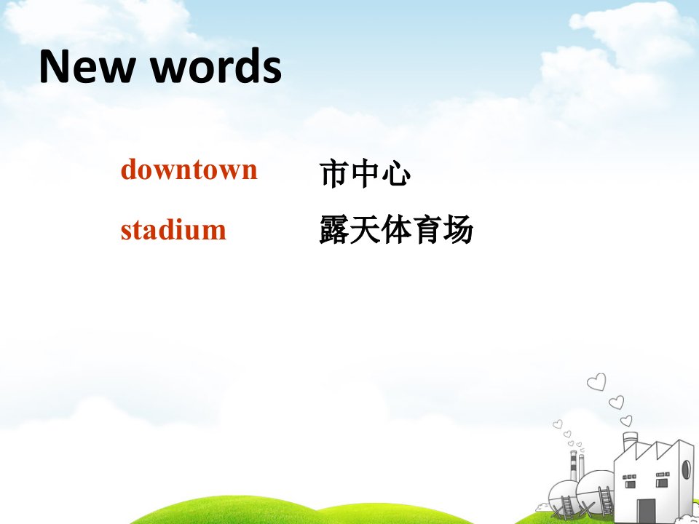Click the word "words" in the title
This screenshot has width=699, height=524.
pos(216,66)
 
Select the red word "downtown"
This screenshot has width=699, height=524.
pos(189,169)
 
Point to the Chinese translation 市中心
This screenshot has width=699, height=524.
pos(365,174)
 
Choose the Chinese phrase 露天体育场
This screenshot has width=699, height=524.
pos(396,229)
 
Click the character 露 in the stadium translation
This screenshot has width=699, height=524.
pos(334,229)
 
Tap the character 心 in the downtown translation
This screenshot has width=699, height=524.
pos(396,174)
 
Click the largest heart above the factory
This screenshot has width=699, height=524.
pos(597,382)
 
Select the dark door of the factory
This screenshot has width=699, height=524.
pos(646,511)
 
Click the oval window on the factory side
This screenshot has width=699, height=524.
pos(686,469)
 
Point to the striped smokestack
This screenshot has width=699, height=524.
pos(573,466)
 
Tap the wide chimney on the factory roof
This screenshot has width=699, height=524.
pos(630,442)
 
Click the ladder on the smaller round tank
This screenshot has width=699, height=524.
pos(567,507)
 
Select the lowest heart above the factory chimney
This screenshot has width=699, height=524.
pos(626,421)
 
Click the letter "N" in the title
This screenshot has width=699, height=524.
pos(54,66)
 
